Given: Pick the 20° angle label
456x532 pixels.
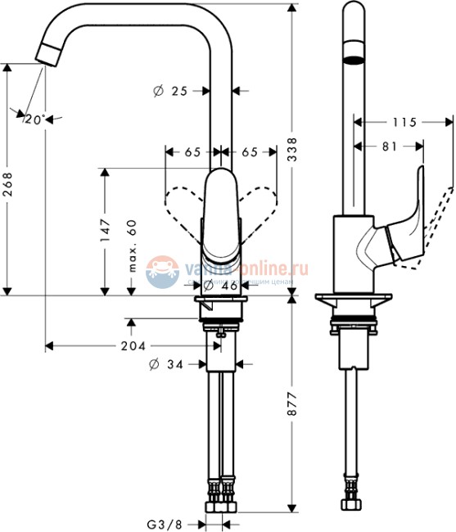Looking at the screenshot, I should [x=34, y=119].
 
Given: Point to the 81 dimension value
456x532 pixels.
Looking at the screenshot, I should [x=389, y=147].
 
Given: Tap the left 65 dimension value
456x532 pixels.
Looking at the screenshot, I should [x=192, y=152].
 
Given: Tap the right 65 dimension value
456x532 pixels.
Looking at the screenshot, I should [x=249, y=152].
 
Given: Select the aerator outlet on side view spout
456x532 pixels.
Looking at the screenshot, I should [x=352, y=59].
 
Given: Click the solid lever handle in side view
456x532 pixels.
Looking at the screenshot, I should [x=405, y=225].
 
